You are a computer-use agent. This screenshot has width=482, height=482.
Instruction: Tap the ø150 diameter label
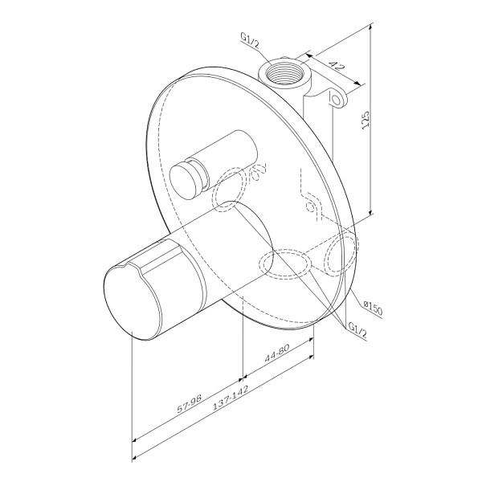click(x=373, y=305)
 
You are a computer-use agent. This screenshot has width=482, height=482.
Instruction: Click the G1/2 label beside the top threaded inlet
click(x=250, y=38)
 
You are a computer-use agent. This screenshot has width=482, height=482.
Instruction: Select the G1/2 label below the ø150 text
click(x=358, y=329)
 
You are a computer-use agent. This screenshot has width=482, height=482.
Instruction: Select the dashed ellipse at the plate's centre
click(x=283, y=264)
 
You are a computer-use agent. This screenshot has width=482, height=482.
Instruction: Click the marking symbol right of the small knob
click(x=259, y=173)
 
